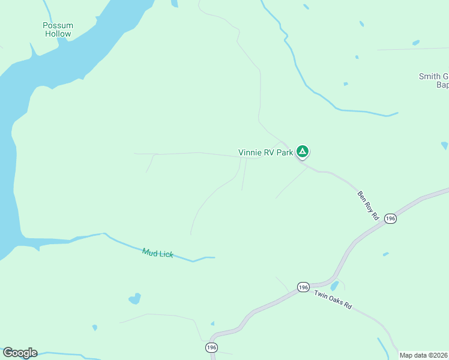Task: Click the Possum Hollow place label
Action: [x=58, y=29]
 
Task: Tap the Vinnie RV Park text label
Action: [x=265, y=152]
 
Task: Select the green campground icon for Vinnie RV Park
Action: [x=303, y=151]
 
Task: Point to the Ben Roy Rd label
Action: [x=367, y=205]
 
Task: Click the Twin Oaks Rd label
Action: [x=332, y=299]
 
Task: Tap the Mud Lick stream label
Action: [x=158, y=253]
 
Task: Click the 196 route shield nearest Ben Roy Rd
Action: [x=391, y=218]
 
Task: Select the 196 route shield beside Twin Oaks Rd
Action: [x=303, y=287]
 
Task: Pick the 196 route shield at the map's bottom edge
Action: [x=211, y=347]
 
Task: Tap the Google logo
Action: [x=20, y=353]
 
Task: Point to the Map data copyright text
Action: [x=424, y=355]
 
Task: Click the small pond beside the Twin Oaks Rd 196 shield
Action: [x=334, y=286]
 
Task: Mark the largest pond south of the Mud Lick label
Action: [x=135, y=298]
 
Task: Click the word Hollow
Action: [x=58, y=34]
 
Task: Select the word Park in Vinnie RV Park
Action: [x=285, y=152]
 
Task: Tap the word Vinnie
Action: [x=250, y=152]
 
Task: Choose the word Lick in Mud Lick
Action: [x=166, y=254]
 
